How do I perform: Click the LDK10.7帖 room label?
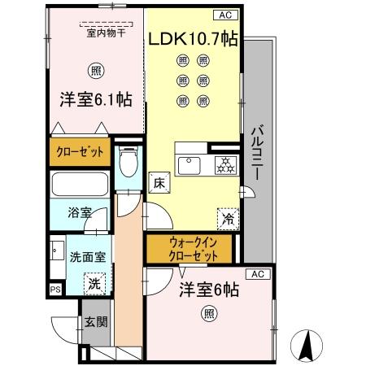tap(192, 38)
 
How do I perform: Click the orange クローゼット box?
tap(80, 151)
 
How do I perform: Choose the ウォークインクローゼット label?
tap(189, 247)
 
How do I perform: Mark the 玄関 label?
tap(96, 320)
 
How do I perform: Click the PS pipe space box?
tap(55, 289)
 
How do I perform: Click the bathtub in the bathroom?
tap(80, 183)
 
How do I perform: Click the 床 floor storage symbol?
tap(159, 183)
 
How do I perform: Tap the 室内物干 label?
tap(101, 33)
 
